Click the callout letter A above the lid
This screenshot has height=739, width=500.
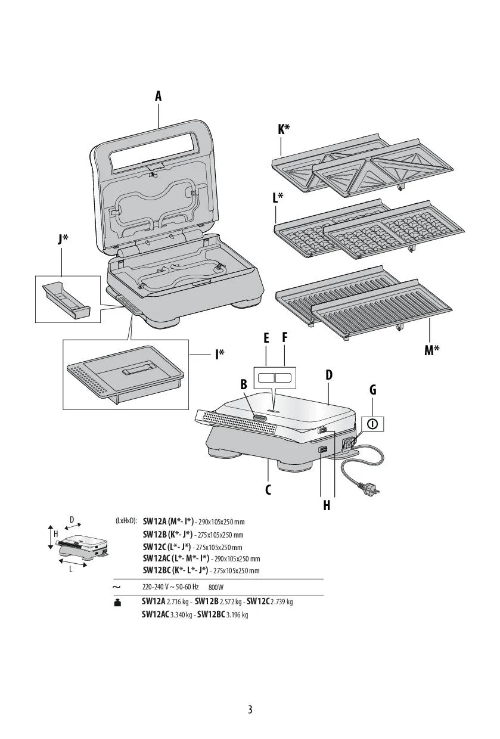[159, 96]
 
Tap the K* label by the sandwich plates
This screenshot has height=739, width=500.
[284, 129]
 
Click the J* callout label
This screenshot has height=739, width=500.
[63, 239]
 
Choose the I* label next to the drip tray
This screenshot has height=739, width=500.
[220, 355]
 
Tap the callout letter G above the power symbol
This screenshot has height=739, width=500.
[373, 390]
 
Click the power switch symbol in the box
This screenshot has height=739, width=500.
[372, 424]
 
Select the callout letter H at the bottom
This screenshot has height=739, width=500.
[327, 505]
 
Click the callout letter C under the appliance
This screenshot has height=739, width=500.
[268, 489]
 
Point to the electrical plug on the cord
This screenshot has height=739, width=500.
[366, 490]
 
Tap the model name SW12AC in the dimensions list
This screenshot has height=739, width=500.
[156, 558]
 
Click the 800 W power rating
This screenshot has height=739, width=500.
[216, 588]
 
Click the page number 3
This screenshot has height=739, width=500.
[250, 710]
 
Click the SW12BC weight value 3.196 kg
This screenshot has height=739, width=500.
[237, 615]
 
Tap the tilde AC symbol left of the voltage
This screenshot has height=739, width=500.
[116, 588]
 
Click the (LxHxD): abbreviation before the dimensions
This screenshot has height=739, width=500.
[126, 520]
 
